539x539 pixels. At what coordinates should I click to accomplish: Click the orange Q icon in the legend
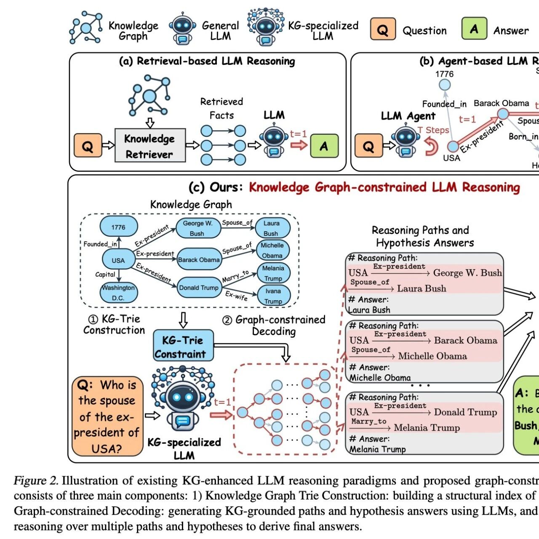(x=383, y=29)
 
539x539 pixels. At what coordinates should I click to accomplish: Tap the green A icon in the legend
(x=474, y=29)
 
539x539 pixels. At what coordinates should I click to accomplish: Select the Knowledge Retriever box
(x=150, y=146)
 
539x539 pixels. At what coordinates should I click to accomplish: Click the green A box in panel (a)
(x=324, y=146)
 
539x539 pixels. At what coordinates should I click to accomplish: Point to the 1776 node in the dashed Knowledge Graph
(x=118, y=227)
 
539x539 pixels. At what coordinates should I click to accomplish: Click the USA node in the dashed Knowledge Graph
(x=118, y=260)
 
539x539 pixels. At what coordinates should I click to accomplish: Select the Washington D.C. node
(x=118, y=293)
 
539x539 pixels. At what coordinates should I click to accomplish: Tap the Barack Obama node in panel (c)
(x=199, y=260)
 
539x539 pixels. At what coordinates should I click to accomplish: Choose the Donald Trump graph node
(x=199, y=288)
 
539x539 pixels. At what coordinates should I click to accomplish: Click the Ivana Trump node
(x=273, y=296)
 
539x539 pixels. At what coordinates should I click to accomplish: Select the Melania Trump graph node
(x=273, y=273)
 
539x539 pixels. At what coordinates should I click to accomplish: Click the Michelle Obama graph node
(x=272, y=250)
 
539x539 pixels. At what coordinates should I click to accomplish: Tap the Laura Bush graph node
(x=272, y=228)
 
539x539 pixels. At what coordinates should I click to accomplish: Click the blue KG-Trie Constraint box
(x=183, y=347)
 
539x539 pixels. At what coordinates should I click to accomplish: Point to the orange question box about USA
(x=107, y=416)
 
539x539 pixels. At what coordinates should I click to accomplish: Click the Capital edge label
(x=105, y=275)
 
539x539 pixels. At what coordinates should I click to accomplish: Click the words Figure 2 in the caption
(x=36, y=480)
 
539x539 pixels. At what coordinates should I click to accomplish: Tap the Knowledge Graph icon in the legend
(x=86, y=28)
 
